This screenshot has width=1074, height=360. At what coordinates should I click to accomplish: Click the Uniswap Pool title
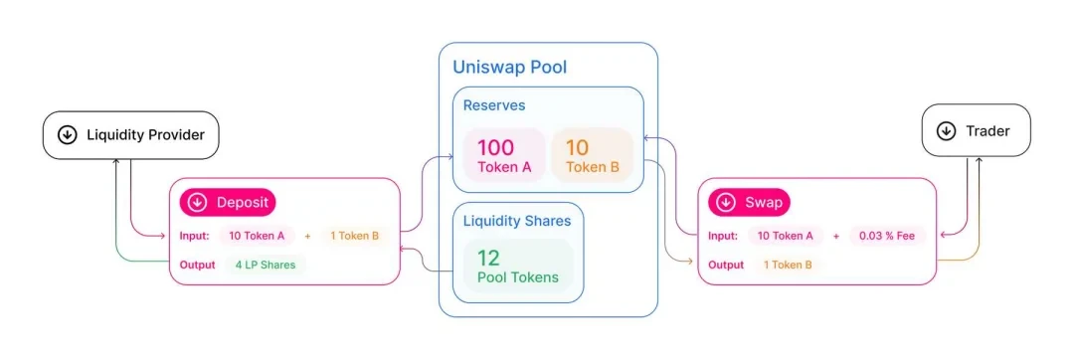point(509,68)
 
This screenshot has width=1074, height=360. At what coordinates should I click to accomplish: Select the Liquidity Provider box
point(130,134)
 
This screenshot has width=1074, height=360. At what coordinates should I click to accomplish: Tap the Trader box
point(976,131)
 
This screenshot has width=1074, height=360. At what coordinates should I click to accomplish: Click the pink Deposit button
point(228,203)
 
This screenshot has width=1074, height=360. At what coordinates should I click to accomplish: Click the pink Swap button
point(751,203)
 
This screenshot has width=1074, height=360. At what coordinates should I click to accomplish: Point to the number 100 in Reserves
point(495,148)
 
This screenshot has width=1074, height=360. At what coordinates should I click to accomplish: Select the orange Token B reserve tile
point(592,156)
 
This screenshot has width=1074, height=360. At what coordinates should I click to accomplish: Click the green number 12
point(488,258)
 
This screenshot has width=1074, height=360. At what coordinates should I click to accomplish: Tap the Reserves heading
point(494,104)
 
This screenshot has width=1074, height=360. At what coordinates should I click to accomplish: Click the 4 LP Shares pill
point(265,265)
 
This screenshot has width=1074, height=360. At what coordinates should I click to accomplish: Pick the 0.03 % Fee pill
point(888,236)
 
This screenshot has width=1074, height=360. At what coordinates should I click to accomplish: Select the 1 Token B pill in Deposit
point(354,236)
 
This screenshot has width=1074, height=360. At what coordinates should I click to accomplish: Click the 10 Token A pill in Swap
point(785,236)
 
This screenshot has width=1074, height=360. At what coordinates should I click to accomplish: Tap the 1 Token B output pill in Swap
point(787,265)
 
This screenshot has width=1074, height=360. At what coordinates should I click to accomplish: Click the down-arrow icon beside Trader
point(946,131)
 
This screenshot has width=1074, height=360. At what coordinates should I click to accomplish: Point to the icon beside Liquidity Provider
point(68,135)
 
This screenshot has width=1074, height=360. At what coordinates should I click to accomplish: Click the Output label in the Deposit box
point(197,265)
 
